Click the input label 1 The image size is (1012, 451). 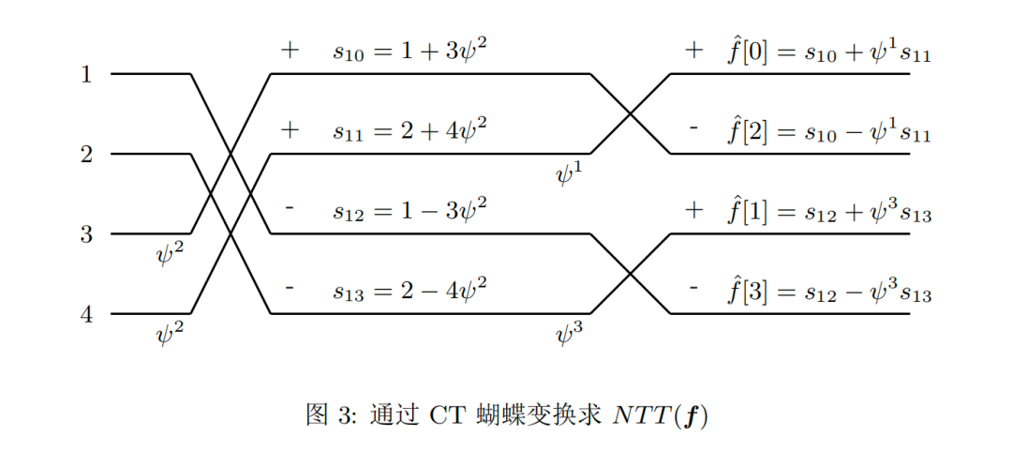pos(86,73)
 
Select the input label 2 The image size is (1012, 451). pos(86,154)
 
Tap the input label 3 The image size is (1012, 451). pos(86,233)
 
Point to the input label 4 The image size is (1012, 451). pos(86,314)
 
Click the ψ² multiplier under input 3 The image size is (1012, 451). pos(171,252)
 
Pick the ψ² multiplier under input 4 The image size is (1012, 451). pos(171,332)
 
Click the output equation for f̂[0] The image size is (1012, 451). pos(830,52)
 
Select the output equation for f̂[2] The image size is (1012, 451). pos(830,131)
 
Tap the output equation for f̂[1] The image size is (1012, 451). pos(830,211)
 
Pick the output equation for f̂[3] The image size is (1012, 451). pos(830,291)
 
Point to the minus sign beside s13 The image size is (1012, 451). pos(290,289)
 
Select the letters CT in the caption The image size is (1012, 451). pos(444,413)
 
